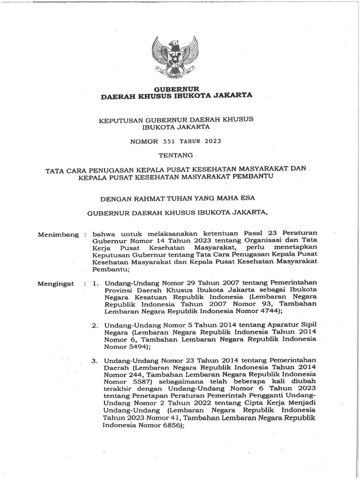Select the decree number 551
(x=169, y=140)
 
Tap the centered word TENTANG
(x=177, y=154)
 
